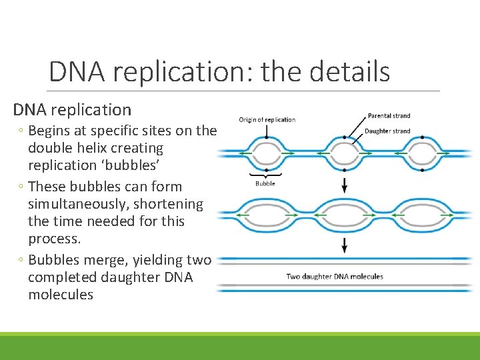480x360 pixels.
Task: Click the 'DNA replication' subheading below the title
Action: point(73,109)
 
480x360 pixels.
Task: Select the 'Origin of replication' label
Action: point(267,120)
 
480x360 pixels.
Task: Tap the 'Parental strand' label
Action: point(389,116)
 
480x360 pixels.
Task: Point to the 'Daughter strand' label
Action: point(387,131)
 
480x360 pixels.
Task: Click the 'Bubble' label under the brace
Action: point(265,183)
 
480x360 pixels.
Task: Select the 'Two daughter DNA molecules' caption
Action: point(335,277)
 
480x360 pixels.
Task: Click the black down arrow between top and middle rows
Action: point(345,185)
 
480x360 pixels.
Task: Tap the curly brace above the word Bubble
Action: point(265,174)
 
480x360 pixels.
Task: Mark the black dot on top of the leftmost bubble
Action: point(266,137)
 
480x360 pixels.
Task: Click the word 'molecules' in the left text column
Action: point(61,295)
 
